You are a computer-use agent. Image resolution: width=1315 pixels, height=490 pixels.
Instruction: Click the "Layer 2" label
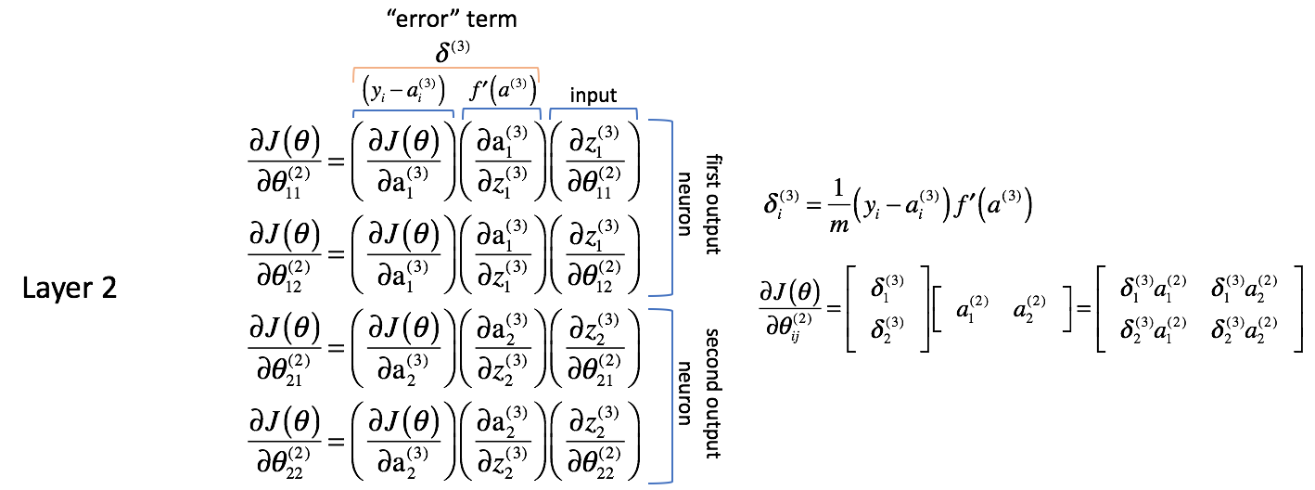click(x=70, y=289)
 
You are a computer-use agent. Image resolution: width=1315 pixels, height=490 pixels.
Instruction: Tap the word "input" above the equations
click(x=594, y=96)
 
